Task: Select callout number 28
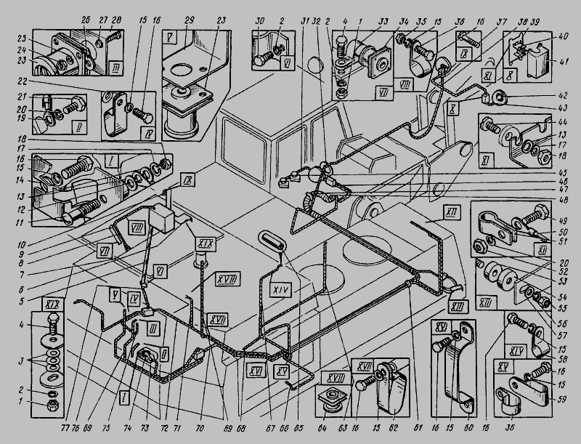pyautogui.click(x=117, y=18)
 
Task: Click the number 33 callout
pyautogui.click(x=383, y=18)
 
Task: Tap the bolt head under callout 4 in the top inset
pyautogui.click(x=340, y=42)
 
